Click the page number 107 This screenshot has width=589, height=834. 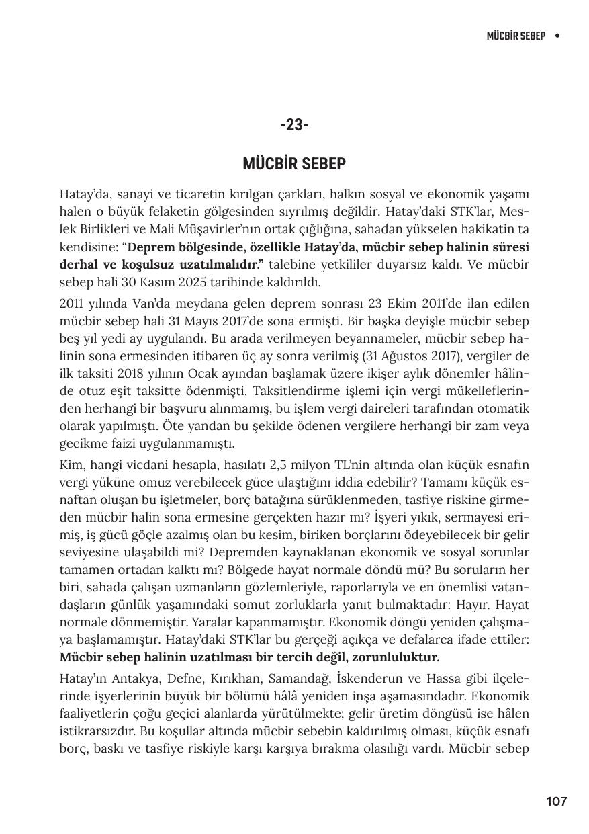(556, 801)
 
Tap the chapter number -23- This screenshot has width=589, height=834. (294, 125)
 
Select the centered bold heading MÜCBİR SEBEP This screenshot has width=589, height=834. (294, 165)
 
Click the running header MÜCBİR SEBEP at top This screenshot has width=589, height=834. (516, 35)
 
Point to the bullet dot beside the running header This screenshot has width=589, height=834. (557, 35)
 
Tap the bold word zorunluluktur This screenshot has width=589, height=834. (396, 657)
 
